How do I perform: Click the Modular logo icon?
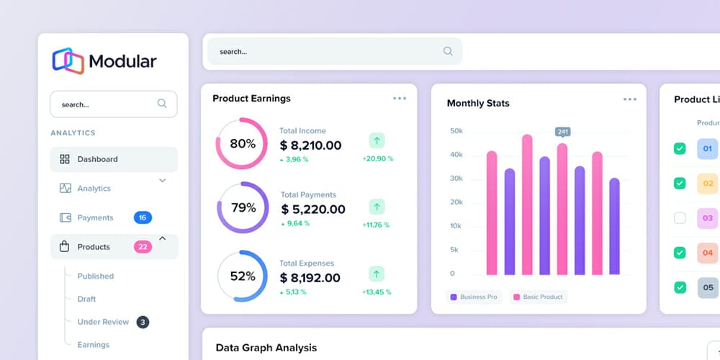point(68,60)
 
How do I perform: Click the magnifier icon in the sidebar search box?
point(162,104)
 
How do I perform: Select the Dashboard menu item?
point(97,159)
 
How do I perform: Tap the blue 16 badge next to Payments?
point(143,217)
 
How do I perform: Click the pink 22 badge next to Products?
point(143,247)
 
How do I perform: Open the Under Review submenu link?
point(103,322)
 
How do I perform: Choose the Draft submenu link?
point(86,299)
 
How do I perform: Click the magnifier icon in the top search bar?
point(448,51)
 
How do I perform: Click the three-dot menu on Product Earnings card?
point(400,99)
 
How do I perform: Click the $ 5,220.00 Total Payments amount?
point(313,210)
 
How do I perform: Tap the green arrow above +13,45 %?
point(377,274)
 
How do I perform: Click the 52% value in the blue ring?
point(243,276)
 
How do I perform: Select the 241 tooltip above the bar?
point(562,132)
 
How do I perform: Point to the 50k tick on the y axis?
point(456,131)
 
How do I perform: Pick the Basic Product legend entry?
point(539,297)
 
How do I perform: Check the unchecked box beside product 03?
point(680,217)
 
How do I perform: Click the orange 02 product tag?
point(707,184)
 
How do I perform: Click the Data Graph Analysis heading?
point(266,348)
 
